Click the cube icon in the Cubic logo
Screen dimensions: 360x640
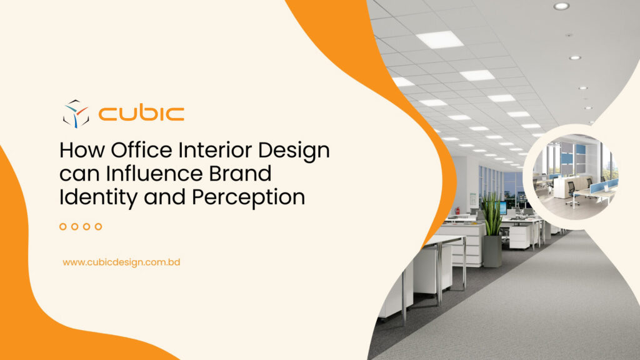click(x=76, y=113)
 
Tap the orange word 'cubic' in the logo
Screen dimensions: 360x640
click(x=141, y=114)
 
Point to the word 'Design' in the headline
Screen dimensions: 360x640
click(x=296, y=152)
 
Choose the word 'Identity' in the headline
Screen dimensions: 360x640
click(x=94, y=197)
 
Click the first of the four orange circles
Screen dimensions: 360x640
click(x=63, y=226)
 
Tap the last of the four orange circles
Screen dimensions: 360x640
click(x=98, y=226)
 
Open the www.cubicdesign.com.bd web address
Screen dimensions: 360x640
click(x=121, y=262)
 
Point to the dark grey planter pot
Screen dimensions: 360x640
click(x=492, y=250)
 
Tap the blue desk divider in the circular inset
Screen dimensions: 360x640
click(x=604, y=186)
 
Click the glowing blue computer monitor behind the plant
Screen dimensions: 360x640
click(x=502, y=208)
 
